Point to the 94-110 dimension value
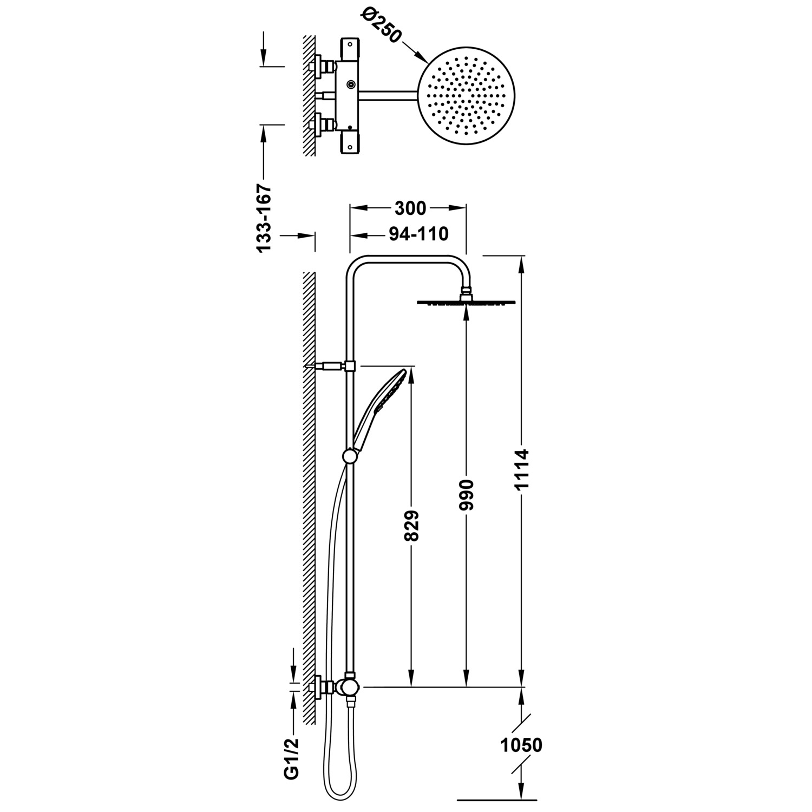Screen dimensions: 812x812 pyautogui.click(x=418, y=234)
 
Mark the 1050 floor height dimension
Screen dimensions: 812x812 pyautogui.click(x=521, y=745)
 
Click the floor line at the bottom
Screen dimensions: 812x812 pyautogui.click(x=497, y=798)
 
